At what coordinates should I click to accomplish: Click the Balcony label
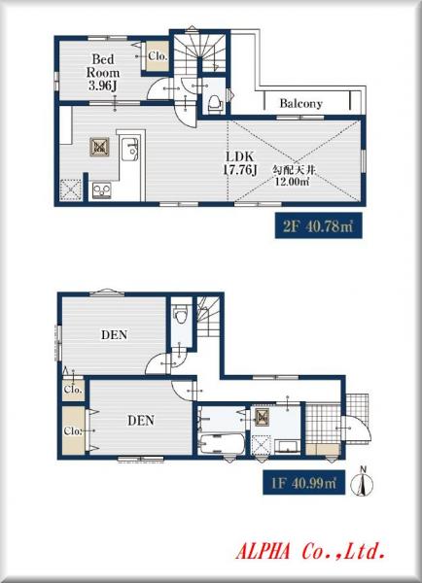[300, 103]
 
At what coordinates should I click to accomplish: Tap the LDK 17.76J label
[240, 163]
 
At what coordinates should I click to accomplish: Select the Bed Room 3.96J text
[103, 73]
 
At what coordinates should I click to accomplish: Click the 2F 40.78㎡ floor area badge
[318, 225]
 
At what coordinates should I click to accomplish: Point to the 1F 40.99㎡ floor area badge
[303, 483]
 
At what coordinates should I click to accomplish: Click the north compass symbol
[364, 482]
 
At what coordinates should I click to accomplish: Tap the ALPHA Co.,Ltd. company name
[309, 551]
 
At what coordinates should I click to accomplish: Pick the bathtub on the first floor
[222, 444]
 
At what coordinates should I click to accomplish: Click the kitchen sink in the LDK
[130, 149]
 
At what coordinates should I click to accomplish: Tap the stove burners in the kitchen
[101, 190]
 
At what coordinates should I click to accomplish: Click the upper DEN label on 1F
[114, 334]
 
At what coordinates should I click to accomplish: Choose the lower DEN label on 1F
[141, 420]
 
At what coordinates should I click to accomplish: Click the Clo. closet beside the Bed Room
[158, 55]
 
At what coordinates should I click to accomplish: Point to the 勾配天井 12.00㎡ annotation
[294, 176]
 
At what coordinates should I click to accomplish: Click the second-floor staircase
[199, 52]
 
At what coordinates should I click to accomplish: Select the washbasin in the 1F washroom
[287, 447]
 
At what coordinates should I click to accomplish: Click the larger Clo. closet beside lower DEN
[73, 430]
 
